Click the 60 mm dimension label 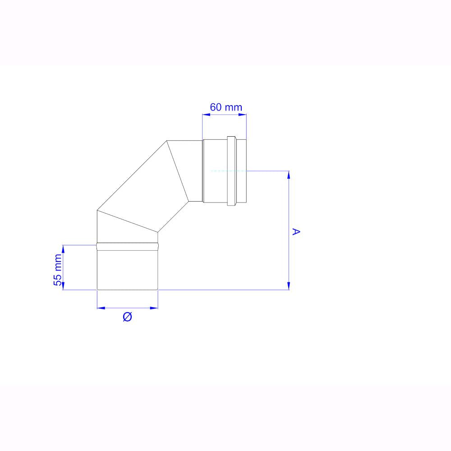click(x=226, y=107)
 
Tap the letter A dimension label click(x=296, y=232)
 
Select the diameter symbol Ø click(x=127, y=317)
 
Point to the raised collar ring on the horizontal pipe click(x=231, y=171)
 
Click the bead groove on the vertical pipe click(x=128, y=247)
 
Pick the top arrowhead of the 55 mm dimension click(x=63, y=249)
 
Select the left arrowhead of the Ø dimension click(x=101, y=308)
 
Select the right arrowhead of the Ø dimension click(x=155, y=308)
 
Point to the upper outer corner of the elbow click(x=167, y=141)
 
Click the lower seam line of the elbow click(x=128, y=221)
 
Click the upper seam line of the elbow click(x=178, y=171)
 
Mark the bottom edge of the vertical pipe click(x=128, y=290)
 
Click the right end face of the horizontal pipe click(x=247, y=171)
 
